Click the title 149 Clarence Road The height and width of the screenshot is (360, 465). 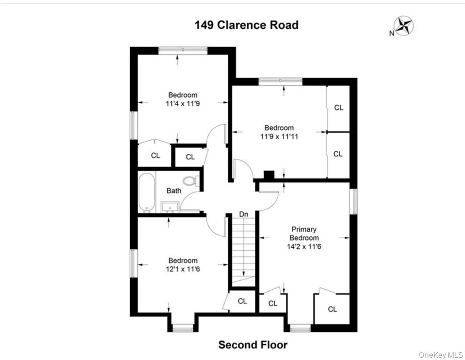tap(246, 25)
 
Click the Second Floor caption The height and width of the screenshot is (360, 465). tap(253, 345)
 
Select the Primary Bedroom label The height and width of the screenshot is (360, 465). tap(304, 233)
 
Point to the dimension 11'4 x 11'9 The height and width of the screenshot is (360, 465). tap(182, 104)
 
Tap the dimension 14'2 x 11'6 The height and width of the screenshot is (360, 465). tap(304, 246)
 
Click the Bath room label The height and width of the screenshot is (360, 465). tap(174, 191)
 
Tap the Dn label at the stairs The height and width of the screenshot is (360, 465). tap(243, 215)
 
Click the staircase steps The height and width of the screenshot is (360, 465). tap(242, 249)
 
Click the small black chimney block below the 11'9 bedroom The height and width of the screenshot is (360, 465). tap(269, 175)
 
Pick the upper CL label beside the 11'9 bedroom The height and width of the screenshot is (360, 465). tap(338, 108)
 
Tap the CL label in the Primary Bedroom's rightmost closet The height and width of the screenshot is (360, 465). tap(332, 309)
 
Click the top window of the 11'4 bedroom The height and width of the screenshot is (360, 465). tap(183, 49)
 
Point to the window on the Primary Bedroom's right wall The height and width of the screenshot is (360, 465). tap(354, 201)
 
